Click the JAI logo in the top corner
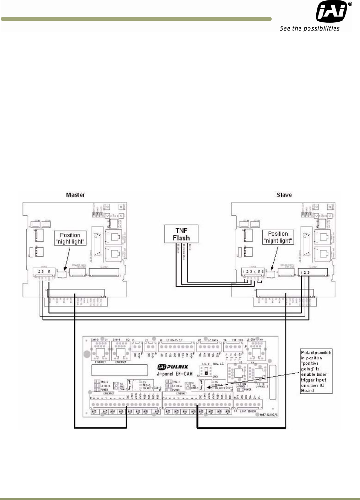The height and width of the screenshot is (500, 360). point(332,12)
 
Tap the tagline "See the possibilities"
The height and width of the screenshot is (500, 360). point(310,29)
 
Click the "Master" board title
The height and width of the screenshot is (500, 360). point(75,195)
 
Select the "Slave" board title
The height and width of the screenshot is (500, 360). point(284,195)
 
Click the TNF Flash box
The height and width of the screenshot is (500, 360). point(181,234)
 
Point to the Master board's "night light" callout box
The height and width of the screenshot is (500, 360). point(70,238)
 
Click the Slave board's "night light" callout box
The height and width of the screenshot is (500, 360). point(278,237)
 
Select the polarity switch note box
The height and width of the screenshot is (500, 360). point(316,371)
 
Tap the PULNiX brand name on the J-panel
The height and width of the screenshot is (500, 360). point(177,367)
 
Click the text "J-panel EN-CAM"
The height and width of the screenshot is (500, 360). point(175,374)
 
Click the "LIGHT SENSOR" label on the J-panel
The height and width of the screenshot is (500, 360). point(248,411)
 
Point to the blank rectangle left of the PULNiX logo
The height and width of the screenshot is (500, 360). point(119,370)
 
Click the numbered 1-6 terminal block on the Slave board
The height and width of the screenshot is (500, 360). point(253,272)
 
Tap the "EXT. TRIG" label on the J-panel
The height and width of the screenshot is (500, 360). point(237,340)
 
